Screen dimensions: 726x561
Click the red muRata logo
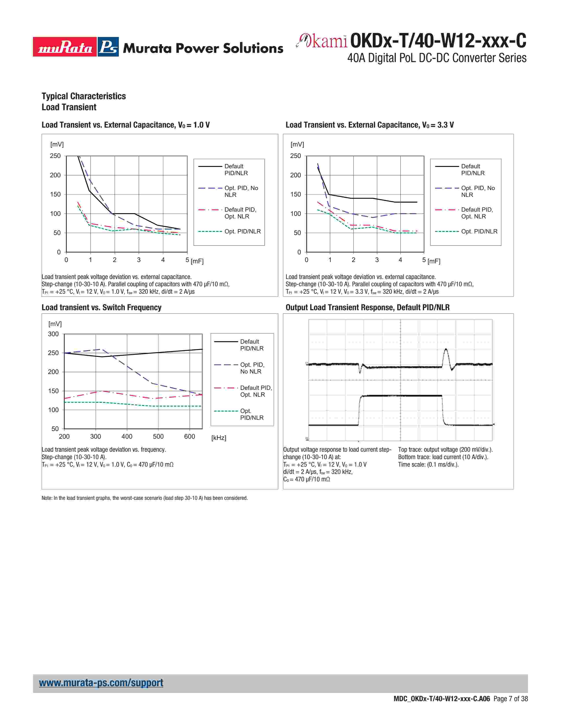tap(65, 47)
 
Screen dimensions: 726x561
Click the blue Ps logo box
tap(108, 47)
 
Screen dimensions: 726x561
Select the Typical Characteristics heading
tap(84, 96)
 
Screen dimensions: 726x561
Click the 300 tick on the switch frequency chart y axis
tap(53, 334)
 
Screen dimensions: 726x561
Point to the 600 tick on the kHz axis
tap(189, 436)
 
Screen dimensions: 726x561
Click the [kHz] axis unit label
tap(219, 438)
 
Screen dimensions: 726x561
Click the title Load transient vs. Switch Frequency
tap(101, 308)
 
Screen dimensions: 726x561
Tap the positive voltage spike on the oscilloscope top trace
tap(446, 352)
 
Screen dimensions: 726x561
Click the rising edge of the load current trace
tap(359, 411)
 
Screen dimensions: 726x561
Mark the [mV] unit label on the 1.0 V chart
tap(57, 144)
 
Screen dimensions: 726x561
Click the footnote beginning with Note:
tap(145, 498)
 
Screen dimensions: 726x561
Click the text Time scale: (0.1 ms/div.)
tap(428, 464)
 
